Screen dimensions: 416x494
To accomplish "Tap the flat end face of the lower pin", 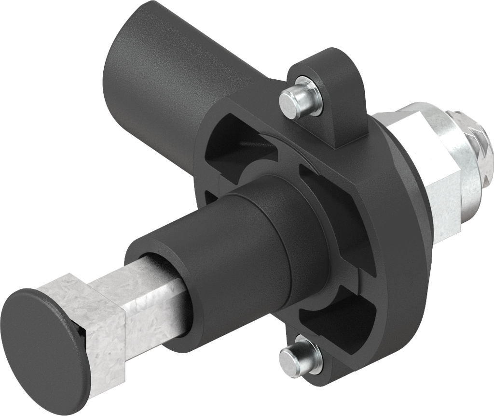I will [x=289, y=360].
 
